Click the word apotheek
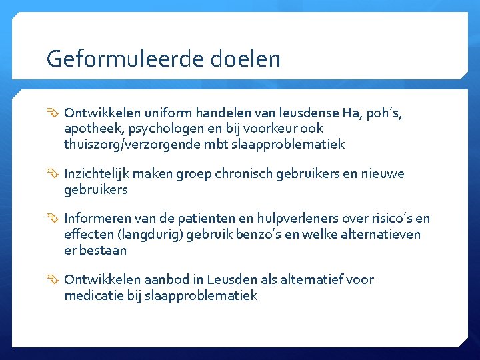pyautogui.click(x=90, y=129)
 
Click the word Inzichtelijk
pyautogui.click(x=97, y=174)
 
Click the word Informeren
pyautogui.click(x=96, y=219)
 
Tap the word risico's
pyautogui.click(x=381, y=219)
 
